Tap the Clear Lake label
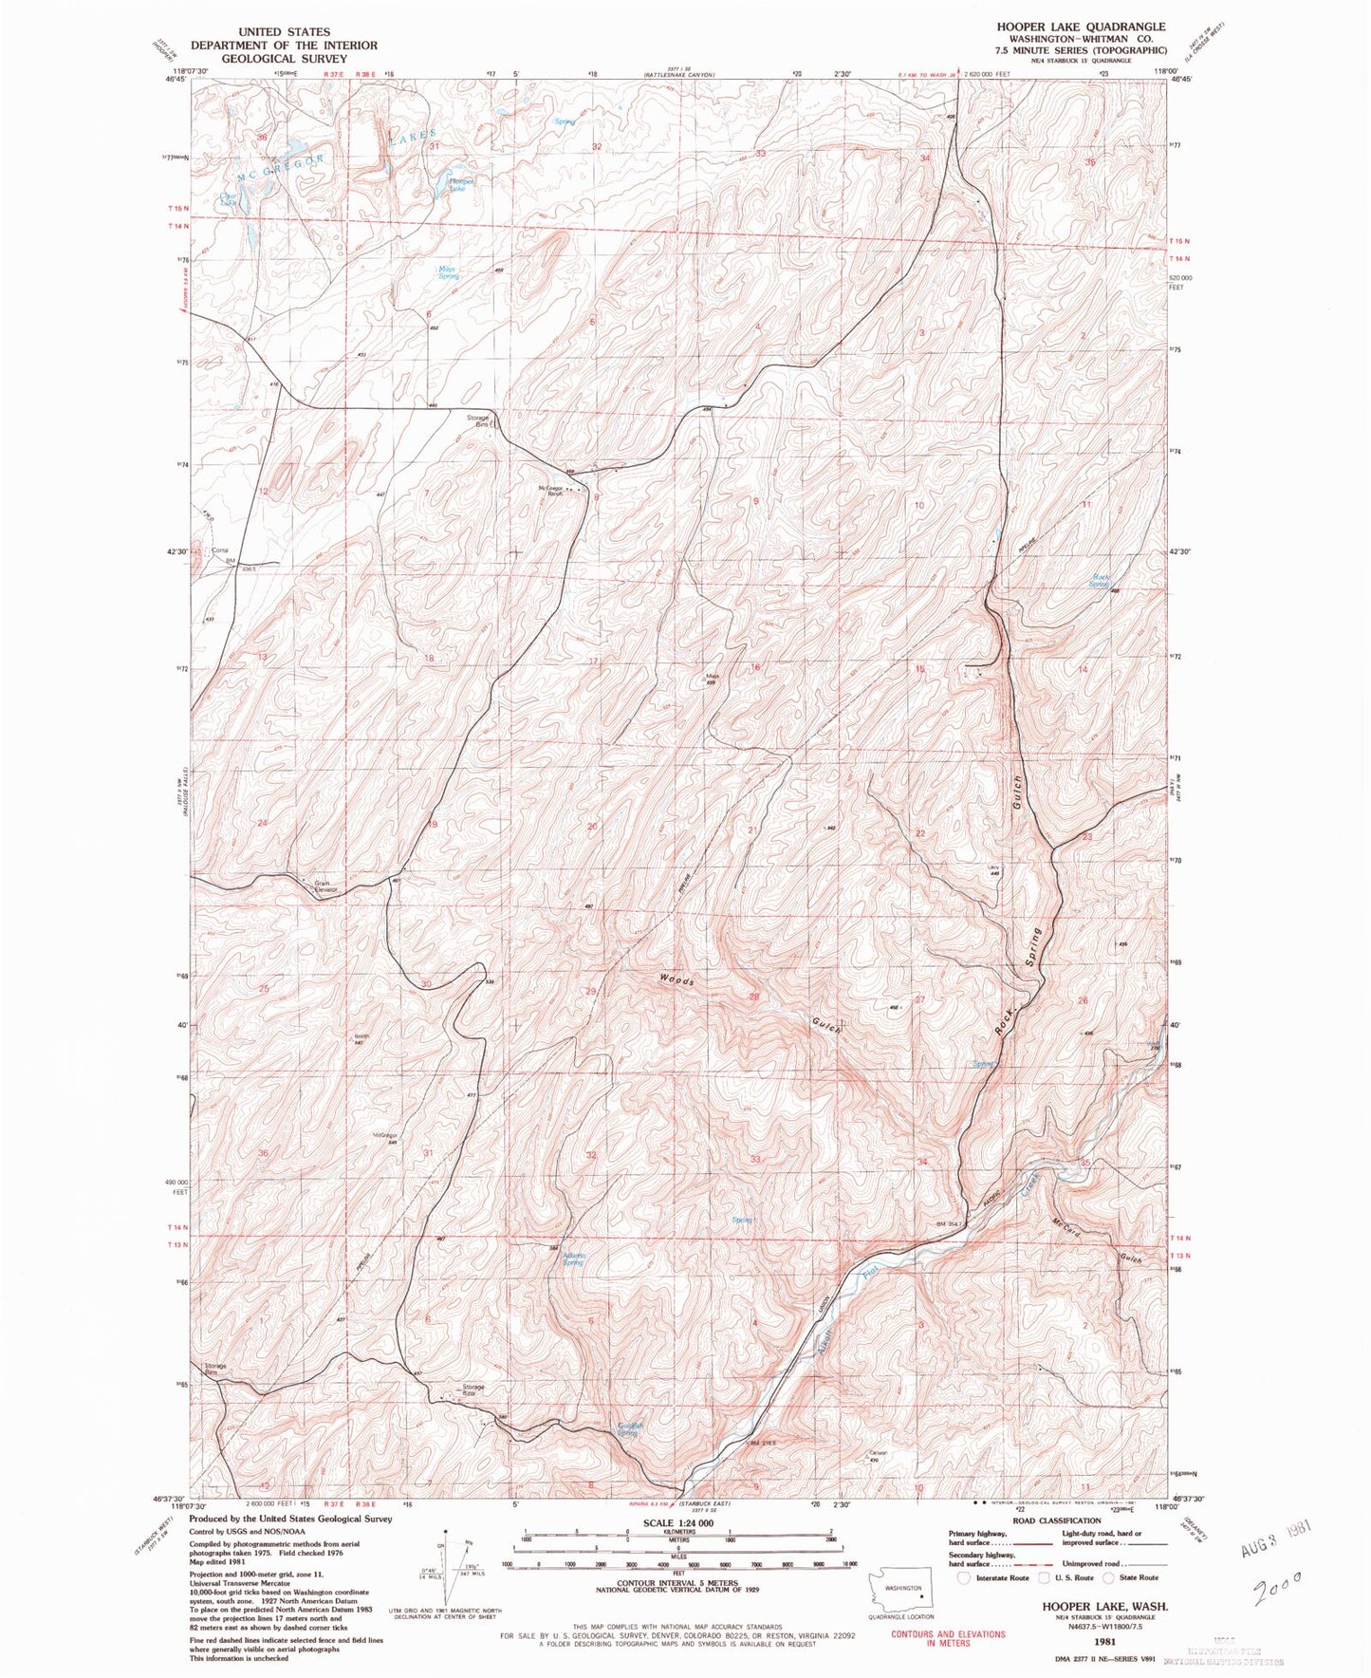(227, 199)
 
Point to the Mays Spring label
(447, 271)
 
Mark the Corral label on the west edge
(220, 550)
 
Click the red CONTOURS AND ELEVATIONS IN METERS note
(935, 1639)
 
